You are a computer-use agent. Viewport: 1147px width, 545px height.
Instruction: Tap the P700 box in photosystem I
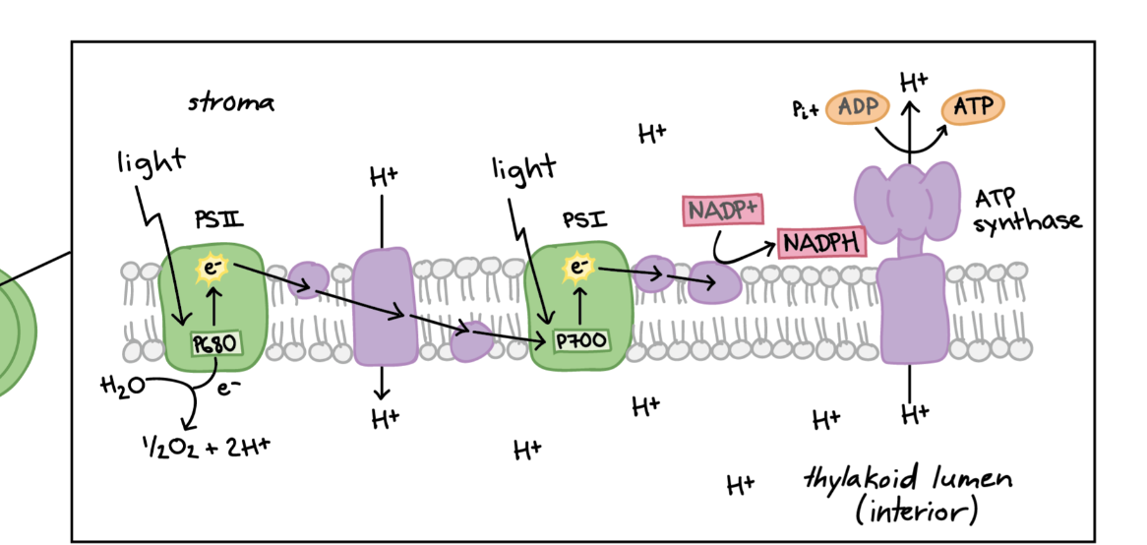[581, 341]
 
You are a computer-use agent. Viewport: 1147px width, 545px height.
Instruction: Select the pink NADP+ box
[722, 211]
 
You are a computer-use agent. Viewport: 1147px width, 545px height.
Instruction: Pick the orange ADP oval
[859, 107]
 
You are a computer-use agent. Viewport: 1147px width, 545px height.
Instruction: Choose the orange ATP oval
[973, 106]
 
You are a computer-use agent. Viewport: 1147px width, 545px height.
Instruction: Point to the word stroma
[231, 103]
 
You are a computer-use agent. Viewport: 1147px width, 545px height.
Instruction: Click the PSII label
[220, 222]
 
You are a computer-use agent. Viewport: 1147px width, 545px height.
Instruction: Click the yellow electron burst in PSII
[212, 268]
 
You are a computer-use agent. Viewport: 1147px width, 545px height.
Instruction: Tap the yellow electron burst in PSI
[579, 267]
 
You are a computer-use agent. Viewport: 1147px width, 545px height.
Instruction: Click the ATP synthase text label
[1025, 209]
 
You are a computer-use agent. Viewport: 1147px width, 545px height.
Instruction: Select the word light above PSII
[151, 162]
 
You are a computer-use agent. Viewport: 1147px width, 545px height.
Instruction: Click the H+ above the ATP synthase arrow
[914, 84]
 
